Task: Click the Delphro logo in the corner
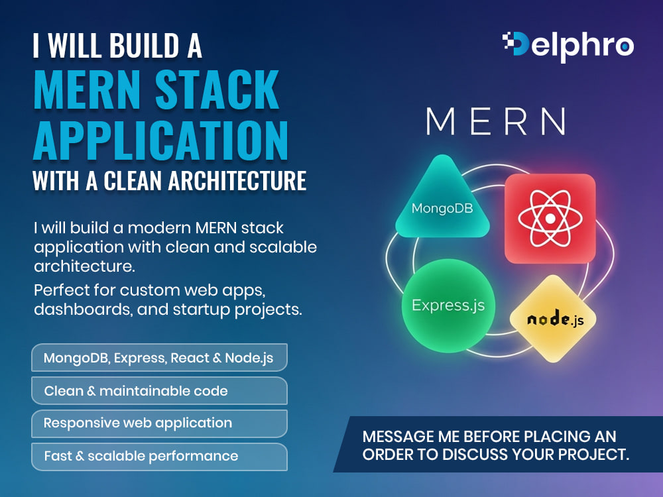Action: [568, 46]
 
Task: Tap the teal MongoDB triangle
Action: [442, 199]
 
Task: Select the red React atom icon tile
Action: [550, 218]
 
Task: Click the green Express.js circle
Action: [448, 305]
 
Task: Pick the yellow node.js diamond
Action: [553, 319]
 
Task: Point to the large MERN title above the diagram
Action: [495, 121]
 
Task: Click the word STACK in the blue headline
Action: [217, 89]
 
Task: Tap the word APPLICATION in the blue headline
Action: [160, 140]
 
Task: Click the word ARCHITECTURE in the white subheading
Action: [237, 181]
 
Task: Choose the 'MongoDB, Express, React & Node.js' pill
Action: [159, 358]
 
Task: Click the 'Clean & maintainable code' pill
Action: [159, 391]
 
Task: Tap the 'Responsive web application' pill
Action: [159, 423]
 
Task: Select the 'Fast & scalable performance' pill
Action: [159, 457]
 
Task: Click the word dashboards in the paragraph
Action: [79, 309]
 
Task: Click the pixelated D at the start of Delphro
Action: [515, 44]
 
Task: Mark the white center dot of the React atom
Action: [550, 219]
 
